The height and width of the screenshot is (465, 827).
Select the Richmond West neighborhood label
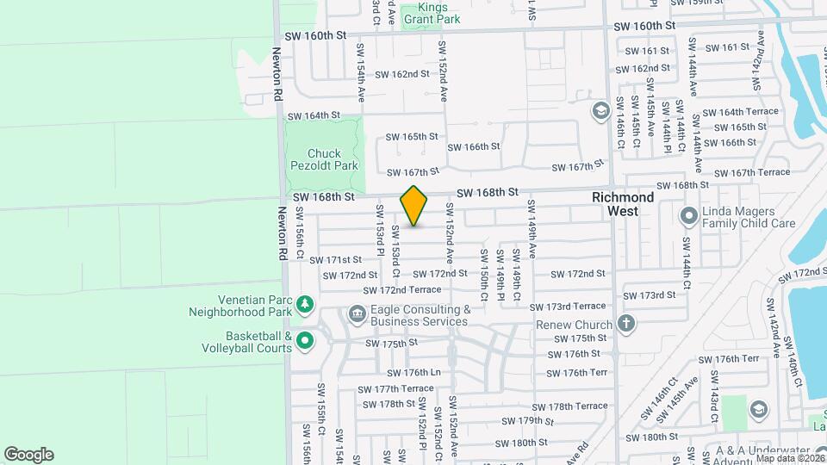[x=623, y=203]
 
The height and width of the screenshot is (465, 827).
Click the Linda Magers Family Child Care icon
[x=688, y=214]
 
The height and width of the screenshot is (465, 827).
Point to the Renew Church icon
[x=626, y=325]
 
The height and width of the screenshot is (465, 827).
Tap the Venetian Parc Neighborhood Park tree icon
[x=305, y=303]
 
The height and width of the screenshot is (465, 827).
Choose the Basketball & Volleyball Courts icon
[x=305, y=342]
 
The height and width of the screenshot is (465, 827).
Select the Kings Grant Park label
[x=431, y=13]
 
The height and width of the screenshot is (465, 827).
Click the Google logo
[x=28, y=455]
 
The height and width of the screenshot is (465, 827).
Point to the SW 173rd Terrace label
[x=568, y=307]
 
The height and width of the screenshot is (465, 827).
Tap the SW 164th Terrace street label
[x=741, y=113]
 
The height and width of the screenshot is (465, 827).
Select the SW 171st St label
[x=337, y=260]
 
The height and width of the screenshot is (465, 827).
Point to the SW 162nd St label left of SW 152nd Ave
[x=401, y=74]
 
